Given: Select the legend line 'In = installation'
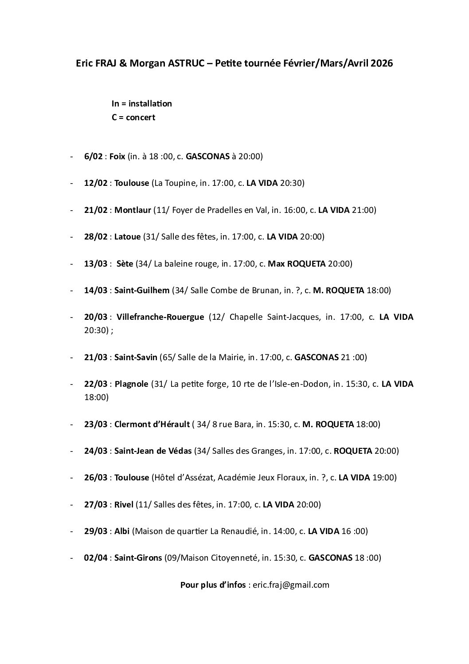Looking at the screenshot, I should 142,104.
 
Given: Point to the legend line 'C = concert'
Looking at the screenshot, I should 133,118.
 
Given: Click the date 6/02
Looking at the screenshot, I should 94,157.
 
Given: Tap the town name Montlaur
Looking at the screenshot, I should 133,210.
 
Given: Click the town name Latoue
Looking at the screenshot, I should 127,237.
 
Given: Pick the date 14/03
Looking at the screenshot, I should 96,291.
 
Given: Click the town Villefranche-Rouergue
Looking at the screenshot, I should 160,317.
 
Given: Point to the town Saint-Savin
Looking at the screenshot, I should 136,357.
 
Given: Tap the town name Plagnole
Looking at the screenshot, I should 131,384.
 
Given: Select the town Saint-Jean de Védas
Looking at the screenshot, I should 153,451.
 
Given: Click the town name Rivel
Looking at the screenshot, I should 124,504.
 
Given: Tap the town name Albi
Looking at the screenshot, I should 122,531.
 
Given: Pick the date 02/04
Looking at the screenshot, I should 95,558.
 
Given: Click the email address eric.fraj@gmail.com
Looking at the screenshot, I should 291,585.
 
